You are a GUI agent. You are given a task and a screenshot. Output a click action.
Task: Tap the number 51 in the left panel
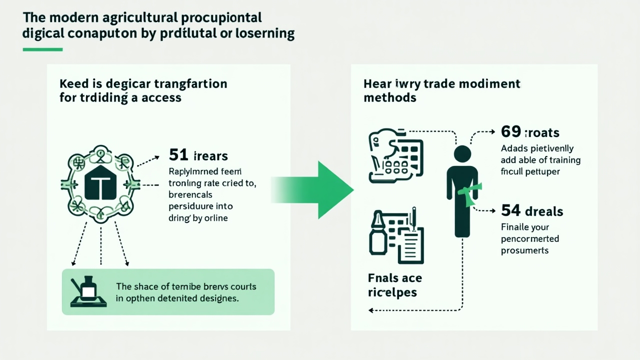pos(178,155)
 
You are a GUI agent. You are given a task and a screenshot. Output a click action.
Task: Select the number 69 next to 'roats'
pos(510,132)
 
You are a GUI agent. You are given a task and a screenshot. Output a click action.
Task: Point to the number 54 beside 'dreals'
pos(510,211)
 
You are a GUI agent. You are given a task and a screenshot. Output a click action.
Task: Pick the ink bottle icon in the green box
pos(87,289)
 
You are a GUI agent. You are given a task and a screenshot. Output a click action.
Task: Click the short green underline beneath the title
pos(42,49)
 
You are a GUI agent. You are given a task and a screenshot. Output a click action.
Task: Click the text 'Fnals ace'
pos(395,278)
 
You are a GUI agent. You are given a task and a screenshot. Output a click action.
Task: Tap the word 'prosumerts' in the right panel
pos(524,250)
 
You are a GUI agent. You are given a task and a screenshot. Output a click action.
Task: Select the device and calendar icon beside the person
pos(395,157)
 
